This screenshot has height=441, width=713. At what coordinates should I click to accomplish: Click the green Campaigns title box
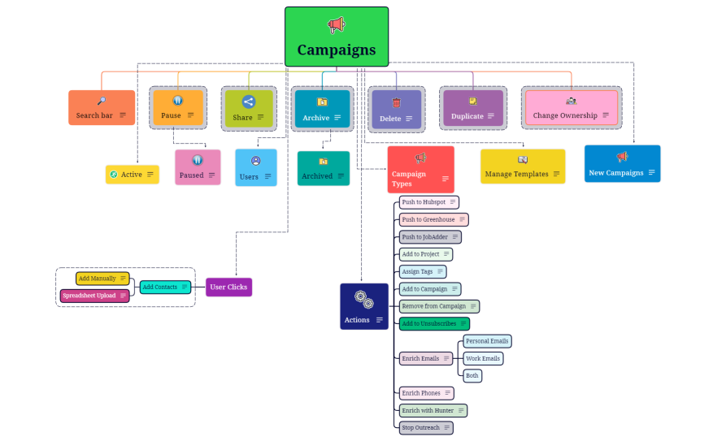click(x=336, y=37)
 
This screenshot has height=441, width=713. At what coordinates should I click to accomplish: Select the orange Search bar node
click(x=102, y=108)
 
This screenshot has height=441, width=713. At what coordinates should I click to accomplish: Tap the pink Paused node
click(x=198, y=167)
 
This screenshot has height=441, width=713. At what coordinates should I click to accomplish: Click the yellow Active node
click(x=132, y=175)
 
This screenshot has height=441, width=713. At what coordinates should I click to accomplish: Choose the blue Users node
click(x=255, y=167)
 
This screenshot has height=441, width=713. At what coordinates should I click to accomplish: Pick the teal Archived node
click(x=323, y=168)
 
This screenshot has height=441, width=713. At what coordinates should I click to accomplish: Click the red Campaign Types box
click(x=420, y=169)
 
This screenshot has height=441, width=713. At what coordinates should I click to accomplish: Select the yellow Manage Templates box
click(x=522, y=166)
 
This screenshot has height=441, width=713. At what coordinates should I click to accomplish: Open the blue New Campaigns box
click(x=622, y=164)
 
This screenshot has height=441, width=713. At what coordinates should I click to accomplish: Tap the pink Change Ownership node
click(x=571, y=108)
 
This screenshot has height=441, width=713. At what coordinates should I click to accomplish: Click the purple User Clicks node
click(x=228, y=287)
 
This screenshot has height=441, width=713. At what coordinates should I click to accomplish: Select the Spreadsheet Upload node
click(x=94, y=296)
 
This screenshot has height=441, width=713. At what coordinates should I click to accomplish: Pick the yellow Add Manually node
click(x=102, y=279)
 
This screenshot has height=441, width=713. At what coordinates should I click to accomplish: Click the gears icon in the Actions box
click(x=363, y=299)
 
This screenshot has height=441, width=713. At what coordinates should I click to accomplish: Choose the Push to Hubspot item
click(x=428, y=201)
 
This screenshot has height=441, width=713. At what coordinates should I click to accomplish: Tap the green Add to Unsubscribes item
click(x=434, y=323)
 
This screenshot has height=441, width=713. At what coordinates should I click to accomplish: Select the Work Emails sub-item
click(x=483, y=358)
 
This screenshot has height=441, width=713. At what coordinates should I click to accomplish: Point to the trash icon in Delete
click(x=396, y=102)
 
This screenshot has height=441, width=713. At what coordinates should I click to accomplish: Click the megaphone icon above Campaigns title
click(x=336, y=25)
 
